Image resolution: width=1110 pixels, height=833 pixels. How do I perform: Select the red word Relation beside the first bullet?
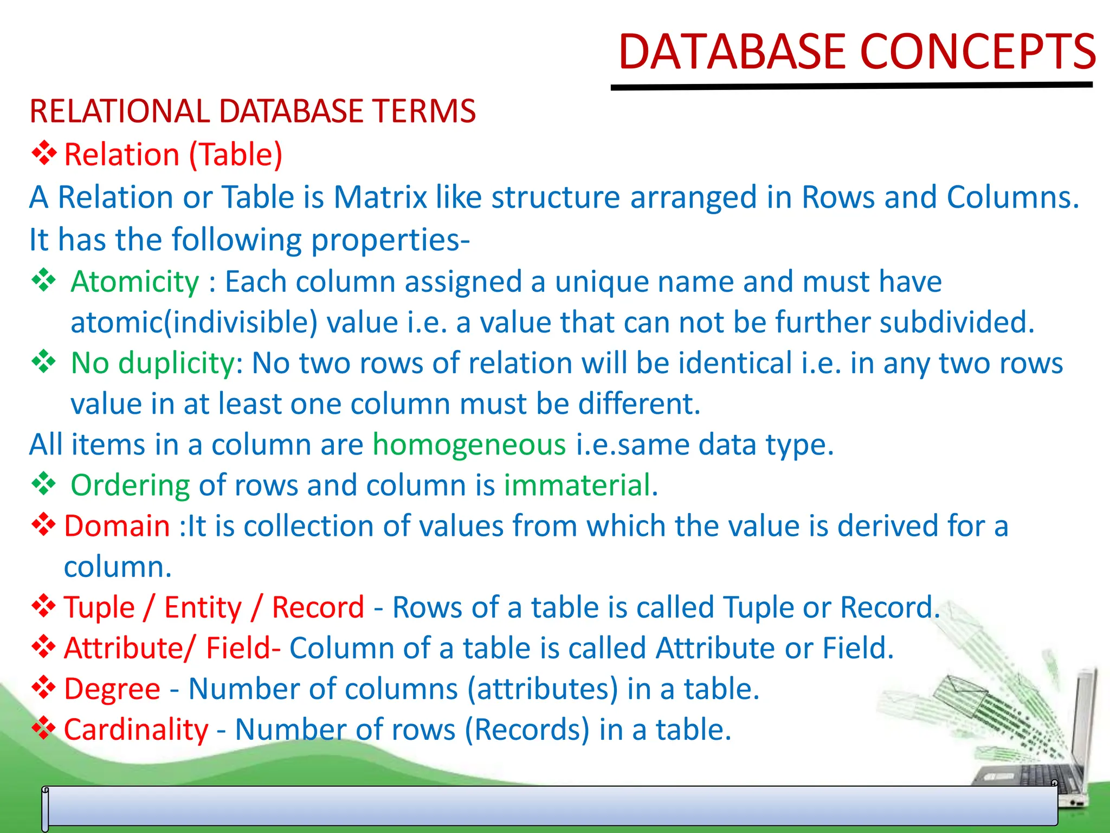[x=121, y=155]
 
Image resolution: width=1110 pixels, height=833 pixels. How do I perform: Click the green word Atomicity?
[x=135, y=281]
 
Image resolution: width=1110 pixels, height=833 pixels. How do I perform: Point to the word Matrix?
[x=380, y=197]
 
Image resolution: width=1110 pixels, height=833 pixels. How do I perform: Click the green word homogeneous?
[x=469, y=445]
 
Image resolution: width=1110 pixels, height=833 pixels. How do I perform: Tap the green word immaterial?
[x=580, y=485]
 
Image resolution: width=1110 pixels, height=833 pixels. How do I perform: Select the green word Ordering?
[x=130, y=485]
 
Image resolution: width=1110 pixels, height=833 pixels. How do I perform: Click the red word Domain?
[x=117, y=526]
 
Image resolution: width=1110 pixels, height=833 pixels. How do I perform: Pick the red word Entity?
[x=203, y=607]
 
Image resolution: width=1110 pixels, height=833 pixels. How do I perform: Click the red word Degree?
[x=112, y=689]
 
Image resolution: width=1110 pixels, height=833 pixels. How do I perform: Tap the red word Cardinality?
[x=136, y=729]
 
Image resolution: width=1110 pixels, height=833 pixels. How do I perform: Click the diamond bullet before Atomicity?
[x=43, y=280]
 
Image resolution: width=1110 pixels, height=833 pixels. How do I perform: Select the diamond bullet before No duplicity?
[x=43, y=362]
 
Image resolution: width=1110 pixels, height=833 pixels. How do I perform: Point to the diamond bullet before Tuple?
[x=43, y=606]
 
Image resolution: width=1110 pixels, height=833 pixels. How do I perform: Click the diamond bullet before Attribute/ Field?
[x=43, y=647]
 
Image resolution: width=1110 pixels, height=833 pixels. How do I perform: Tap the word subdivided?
[x=957, y=322]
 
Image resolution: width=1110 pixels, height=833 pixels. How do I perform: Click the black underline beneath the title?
[x=851, y=86]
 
